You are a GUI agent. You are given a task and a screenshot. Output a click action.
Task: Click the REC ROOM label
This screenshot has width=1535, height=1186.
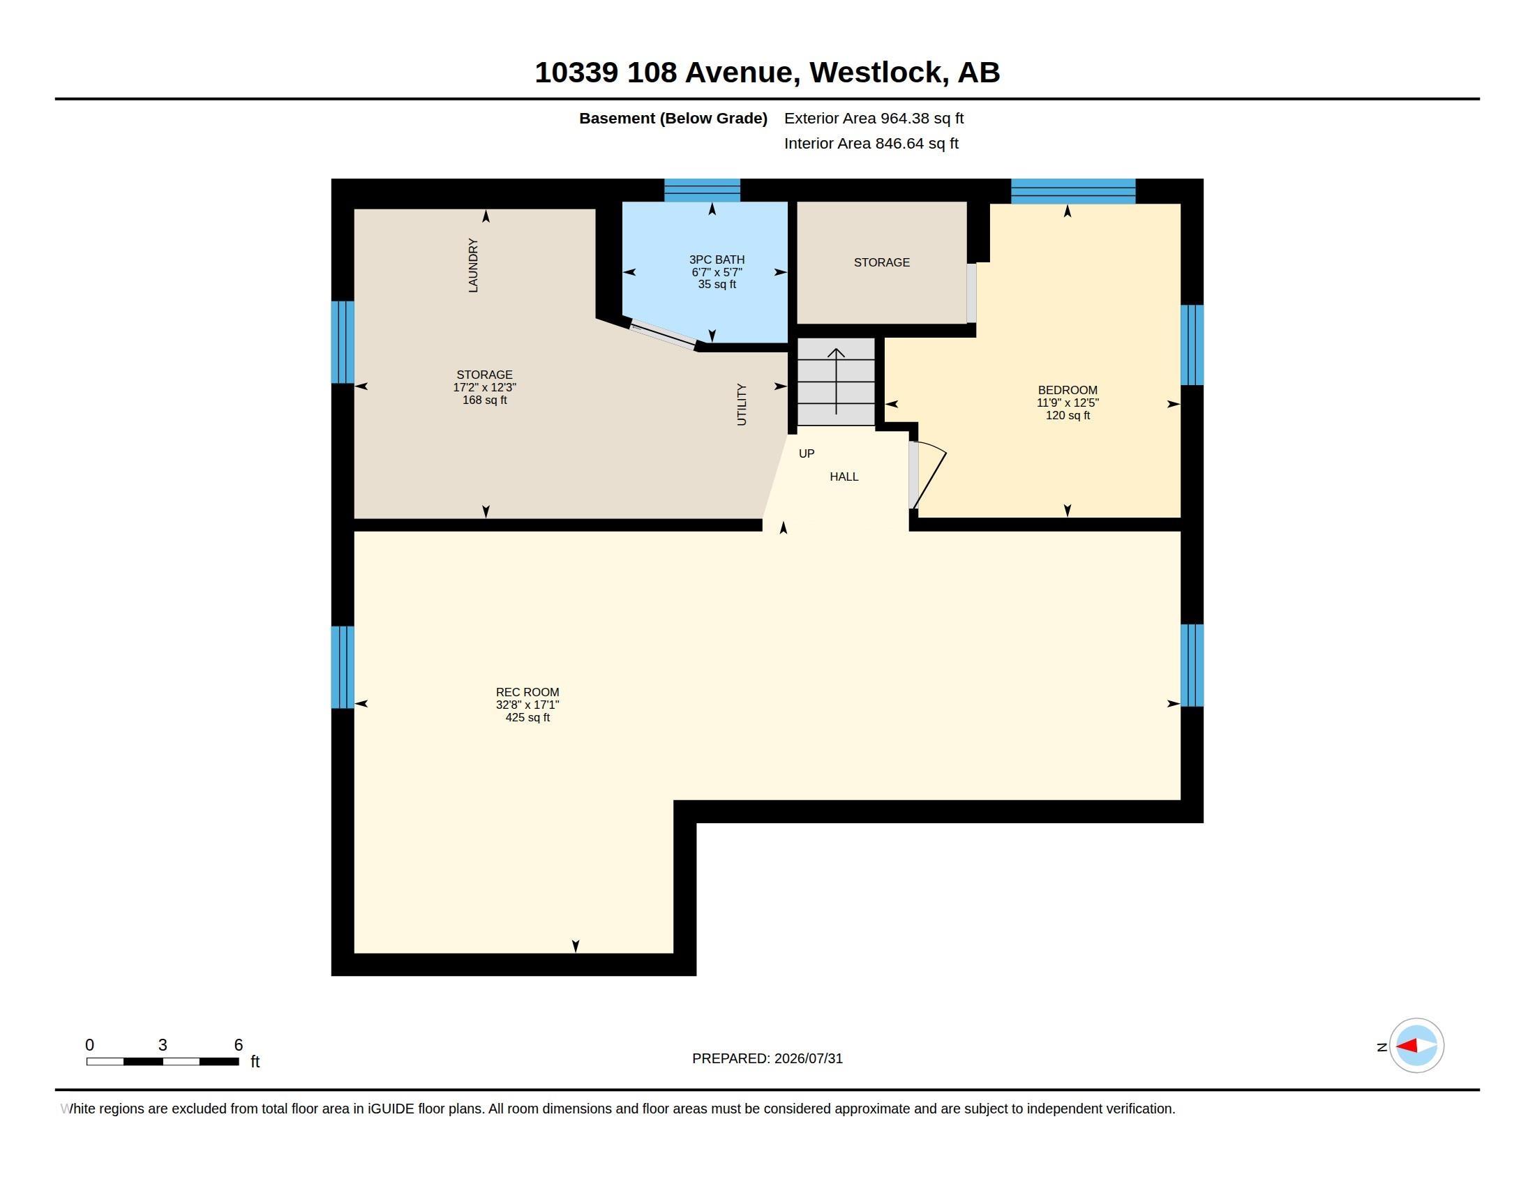click(527, 692)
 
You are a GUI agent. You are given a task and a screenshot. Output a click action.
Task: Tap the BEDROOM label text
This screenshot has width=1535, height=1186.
click(1068, 390)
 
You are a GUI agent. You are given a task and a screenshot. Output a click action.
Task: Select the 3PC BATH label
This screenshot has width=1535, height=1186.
click(717, 260)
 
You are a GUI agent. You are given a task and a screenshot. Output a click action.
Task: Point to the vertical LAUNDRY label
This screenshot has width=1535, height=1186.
click(473, 265)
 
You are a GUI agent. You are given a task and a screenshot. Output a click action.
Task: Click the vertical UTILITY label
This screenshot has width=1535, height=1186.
click(742, 404)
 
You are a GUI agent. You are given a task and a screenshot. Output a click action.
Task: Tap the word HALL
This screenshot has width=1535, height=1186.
click(844, 476)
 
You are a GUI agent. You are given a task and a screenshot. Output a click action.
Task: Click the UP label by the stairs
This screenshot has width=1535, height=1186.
click(807, 453)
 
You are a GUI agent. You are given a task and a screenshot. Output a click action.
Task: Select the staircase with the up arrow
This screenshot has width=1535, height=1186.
click(836, 382)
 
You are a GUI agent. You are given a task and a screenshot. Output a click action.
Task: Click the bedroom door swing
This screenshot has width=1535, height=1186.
click(929, 474)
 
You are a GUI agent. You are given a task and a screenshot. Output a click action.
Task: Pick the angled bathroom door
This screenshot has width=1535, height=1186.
click(663, 335)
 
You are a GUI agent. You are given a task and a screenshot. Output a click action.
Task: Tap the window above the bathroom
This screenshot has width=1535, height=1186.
click(702, 190)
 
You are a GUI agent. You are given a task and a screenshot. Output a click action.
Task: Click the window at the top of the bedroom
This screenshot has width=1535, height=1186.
click(1073, 191)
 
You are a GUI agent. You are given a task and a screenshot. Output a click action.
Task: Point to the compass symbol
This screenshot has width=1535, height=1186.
click(1416, 1046)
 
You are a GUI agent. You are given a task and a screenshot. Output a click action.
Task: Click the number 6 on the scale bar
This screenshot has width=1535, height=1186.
click(238, 1045)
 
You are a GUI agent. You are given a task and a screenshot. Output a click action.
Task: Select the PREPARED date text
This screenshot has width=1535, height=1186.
click(767, 1058)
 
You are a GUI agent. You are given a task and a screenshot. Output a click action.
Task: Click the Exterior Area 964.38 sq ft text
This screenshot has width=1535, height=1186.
click(874, 118)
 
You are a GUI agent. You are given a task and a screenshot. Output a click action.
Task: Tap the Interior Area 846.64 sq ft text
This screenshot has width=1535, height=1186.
click(871, 143)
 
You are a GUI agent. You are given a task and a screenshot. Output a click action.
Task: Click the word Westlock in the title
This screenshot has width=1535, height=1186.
click(875, 72)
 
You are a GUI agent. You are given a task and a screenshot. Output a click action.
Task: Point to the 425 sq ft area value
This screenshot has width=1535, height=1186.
click(527, 717)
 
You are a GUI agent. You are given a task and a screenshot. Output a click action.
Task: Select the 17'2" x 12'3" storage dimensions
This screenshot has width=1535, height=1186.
click(484, 387)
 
